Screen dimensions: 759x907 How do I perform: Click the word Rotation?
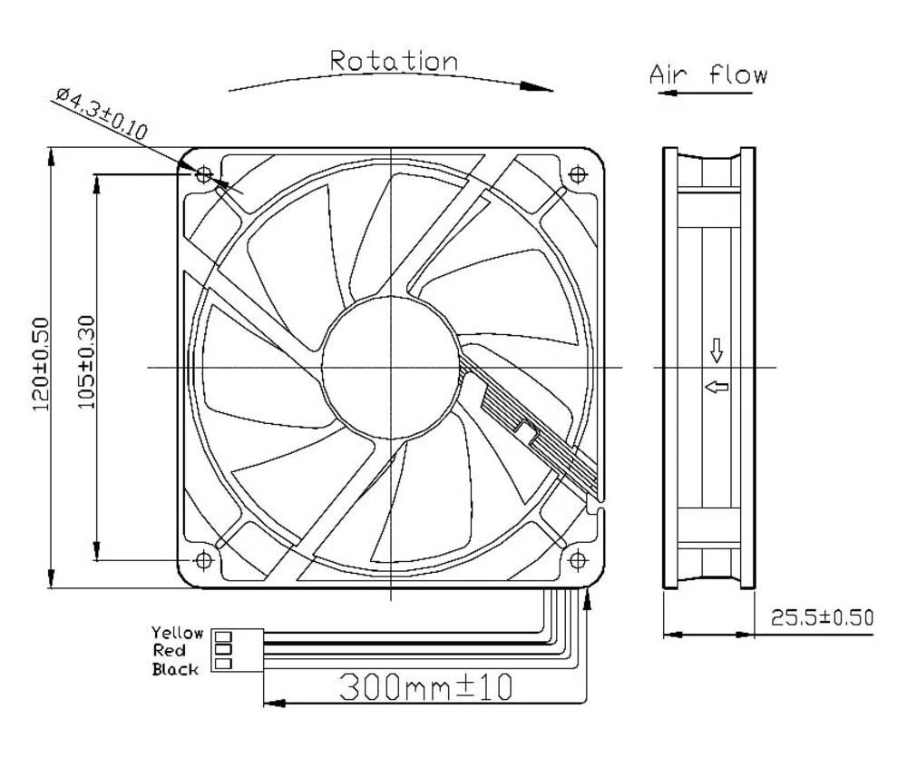pos(393,62)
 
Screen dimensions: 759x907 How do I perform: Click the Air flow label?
pos(707,74)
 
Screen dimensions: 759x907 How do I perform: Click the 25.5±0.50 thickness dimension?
pos(822,618)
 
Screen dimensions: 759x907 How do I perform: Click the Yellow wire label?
pos(177,633)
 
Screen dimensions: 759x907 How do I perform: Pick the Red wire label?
pos(170,651)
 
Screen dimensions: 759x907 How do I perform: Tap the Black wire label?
pos(175,670)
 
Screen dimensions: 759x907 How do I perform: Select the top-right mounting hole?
pos(576,173)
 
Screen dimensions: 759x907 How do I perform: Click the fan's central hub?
pos(390,367)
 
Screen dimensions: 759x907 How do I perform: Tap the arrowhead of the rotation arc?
pos(541,88)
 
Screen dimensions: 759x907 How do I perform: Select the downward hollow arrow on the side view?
pos(716,349)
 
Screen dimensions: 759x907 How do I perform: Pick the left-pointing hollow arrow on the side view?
pos(717,387)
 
